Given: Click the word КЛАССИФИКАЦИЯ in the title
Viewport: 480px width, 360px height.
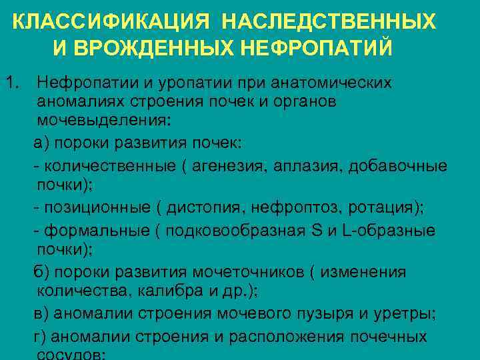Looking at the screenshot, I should (x=113, y=22).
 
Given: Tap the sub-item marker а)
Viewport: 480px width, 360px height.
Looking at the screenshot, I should (x=41, y=144).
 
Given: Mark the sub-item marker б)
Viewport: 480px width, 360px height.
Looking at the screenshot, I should (x=41, y=272).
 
